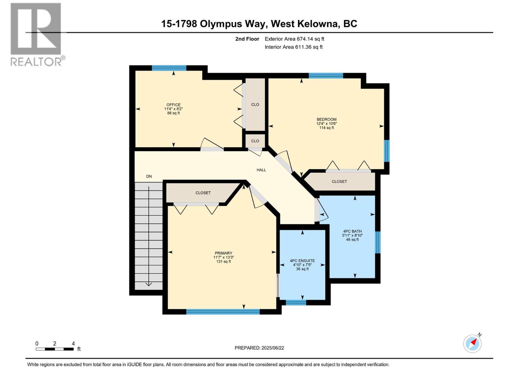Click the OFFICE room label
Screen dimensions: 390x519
tap(174, 105)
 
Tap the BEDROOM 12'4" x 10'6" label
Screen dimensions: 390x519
tap(326, 123)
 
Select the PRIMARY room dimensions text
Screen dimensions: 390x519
tap(223, 257)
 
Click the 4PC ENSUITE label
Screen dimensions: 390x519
tap(302, 261)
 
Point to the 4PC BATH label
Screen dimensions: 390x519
tap(352, 231)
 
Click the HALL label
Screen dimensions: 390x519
tap(261, 170)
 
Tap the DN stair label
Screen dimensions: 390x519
tap(149, 176)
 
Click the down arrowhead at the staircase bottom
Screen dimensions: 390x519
tap(149, 284)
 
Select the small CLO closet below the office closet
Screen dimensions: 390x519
tap(255, 141)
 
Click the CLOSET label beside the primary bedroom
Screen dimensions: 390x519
tap(203, 193)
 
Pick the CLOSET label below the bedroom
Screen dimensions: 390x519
tap(339, 182)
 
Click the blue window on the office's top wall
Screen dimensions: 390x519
tap(169, 68)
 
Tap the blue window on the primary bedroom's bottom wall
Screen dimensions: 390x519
tap(223, 312)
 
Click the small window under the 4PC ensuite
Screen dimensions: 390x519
tap(296, 303)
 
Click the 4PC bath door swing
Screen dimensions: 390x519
tap(322, 211)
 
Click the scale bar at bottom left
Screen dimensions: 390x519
tap(54, 349)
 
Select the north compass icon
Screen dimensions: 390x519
tap(473, 343)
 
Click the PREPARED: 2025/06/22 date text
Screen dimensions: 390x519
tap(259, 348)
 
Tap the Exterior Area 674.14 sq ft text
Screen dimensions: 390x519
tap(294, 39)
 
